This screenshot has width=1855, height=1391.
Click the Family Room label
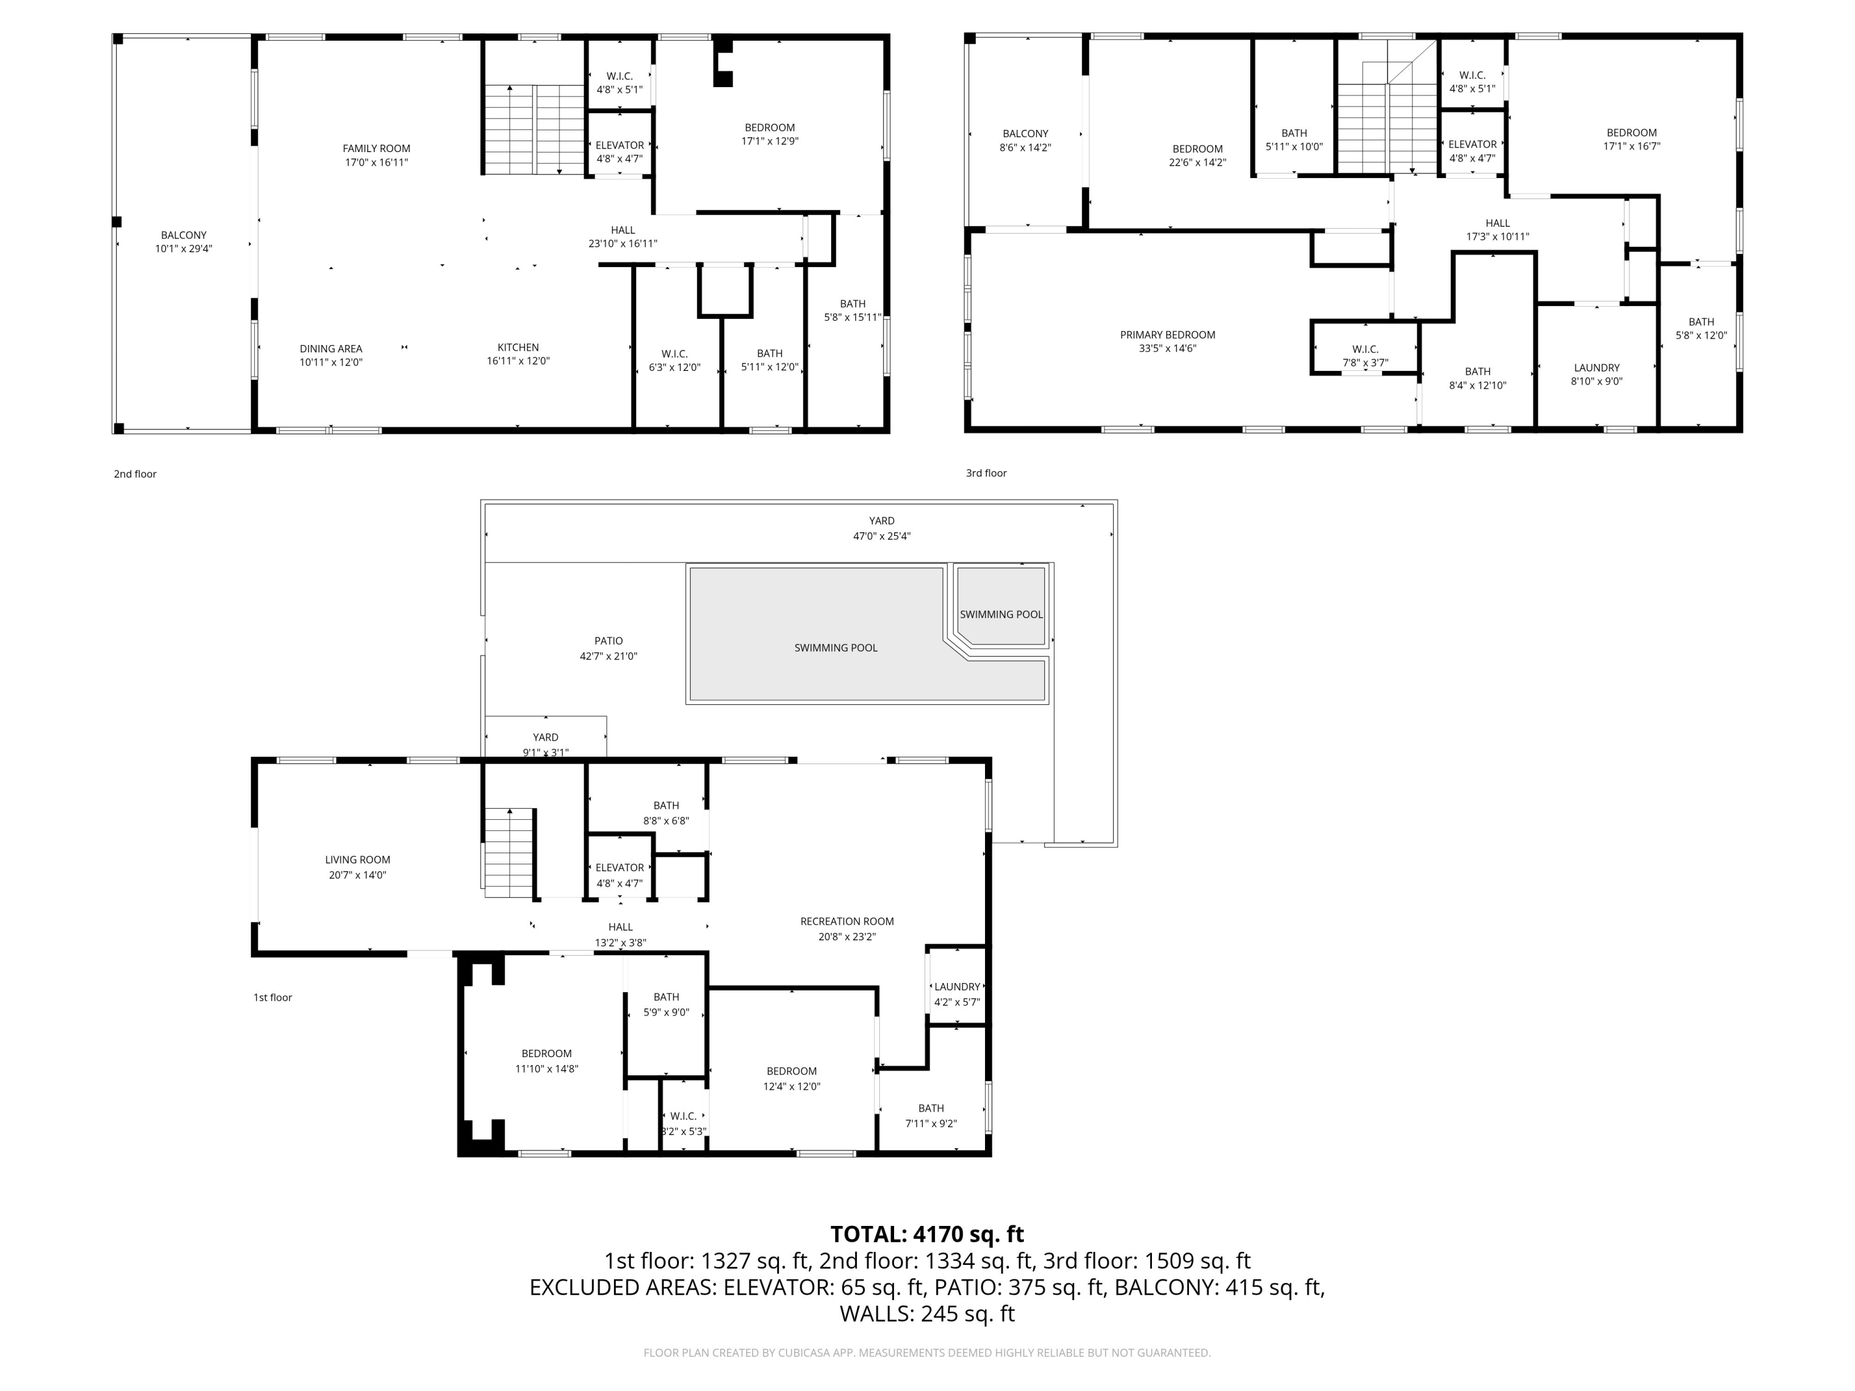click(x=376, y=149)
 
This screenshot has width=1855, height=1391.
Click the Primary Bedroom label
click(x=1167, y=334)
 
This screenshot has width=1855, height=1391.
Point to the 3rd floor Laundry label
click(x=1596, y=368)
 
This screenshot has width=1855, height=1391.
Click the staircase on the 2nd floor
click(x=534, y=130)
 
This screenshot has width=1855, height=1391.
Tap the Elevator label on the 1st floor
click(x=619, y=868)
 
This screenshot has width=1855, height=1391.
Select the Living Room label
click(x=357, y=859)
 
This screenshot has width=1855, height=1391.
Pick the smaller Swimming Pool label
click(x=1000, y=615)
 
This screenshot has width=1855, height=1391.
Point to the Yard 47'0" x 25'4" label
click(x=881, y=528)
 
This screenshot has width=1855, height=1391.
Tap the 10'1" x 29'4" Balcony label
click(x=183, y=242)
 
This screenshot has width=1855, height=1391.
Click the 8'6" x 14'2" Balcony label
click(x=1025, y=140)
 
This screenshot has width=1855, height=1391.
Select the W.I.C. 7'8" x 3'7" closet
click(x=1365, y=355)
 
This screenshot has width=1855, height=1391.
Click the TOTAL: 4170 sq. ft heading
click(x=927, y=1234)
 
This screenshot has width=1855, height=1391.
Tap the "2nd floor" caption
click(x=135, y=474)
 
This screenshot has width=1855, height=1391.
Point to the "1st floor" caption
click(x=273, y=998)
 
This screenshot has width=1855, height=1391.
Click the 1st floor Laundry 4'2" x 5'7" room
click(x=957, y=993)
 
